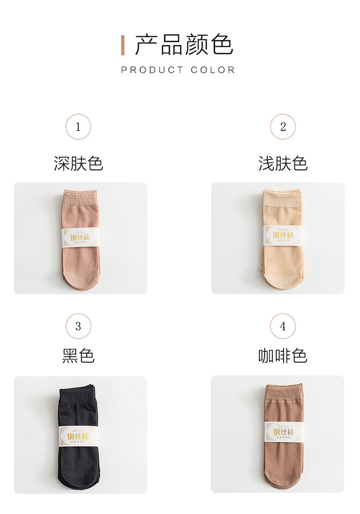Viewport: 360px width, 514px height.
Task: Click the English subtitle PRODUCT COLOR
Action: [x=178, y=70]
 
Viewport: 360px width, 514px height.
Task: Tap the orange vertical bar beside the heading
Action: [x=123, y=45]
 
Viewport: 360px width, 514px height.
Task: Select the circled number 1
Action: [x=78, y=127]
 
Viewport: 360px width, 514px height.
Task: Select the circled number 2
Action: [x=283, y=127]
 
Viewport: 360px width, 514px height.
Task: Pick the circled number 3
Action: [x=78, y=326]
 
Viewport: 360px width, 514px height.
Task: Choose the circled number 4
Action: [x=283, y=326]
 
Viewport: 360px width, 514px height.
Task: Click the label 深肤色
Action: [x=78, y=164]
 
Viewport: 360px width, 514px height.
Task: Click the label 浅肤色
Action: [x=283, y=164]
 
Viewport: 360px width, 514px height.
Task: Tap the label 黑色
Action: [x=78, y=356]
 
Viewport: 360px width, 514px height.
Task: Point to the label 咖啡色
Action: [x=283, y=356]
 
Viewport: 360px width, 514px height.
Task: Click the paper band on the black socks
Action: [x=79, y=435]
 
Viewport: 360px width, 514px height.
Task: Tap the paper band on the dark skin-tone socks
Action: [x=80, y=237]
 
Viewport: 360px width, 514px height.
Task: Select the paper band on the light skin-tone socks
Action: [x=283, y=235]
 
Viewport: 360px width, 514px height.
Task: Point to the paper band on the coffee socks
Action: [x=284, y=431]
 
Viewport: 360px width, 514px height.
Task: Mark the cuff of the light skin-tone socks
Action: [x=283, y=196]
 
